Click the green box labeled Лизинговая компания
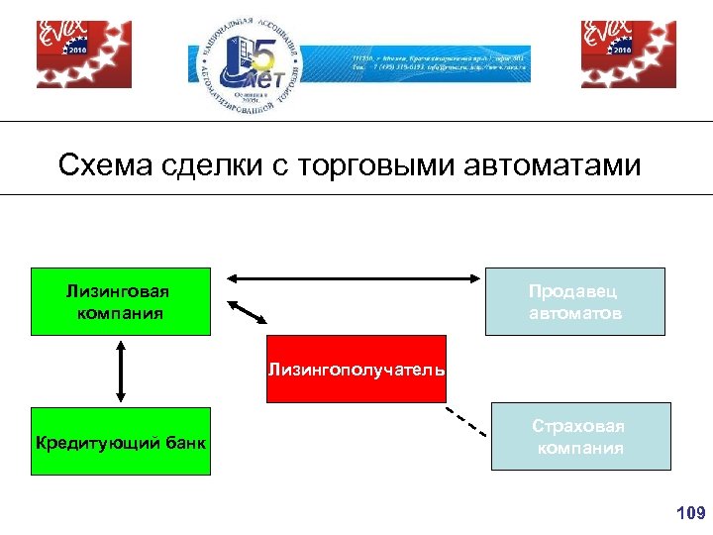pyautogui.click(x=120, y=301)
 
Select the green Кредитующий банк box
pyautogui.click(x=120, y=442)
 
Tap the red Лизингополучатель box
pyautogui.click(x=356, y=369)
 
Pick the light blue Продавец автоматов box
pyautogui.click(x=574, y=301)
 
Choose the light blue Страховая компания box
pyautogui.click(x=580, y=436)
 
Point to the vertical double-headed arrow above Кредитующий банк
pyautogui.click(x=120, y=371)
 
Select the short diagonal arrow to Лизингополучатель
pyautogui.click(x=249, y=313)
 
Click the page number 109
pyautogui.click(x=689, y=512)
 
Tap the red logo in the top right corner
pyautogui.click(x=628, y=54)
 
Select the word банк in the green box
pyautogui.click(x=186, y=443)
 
